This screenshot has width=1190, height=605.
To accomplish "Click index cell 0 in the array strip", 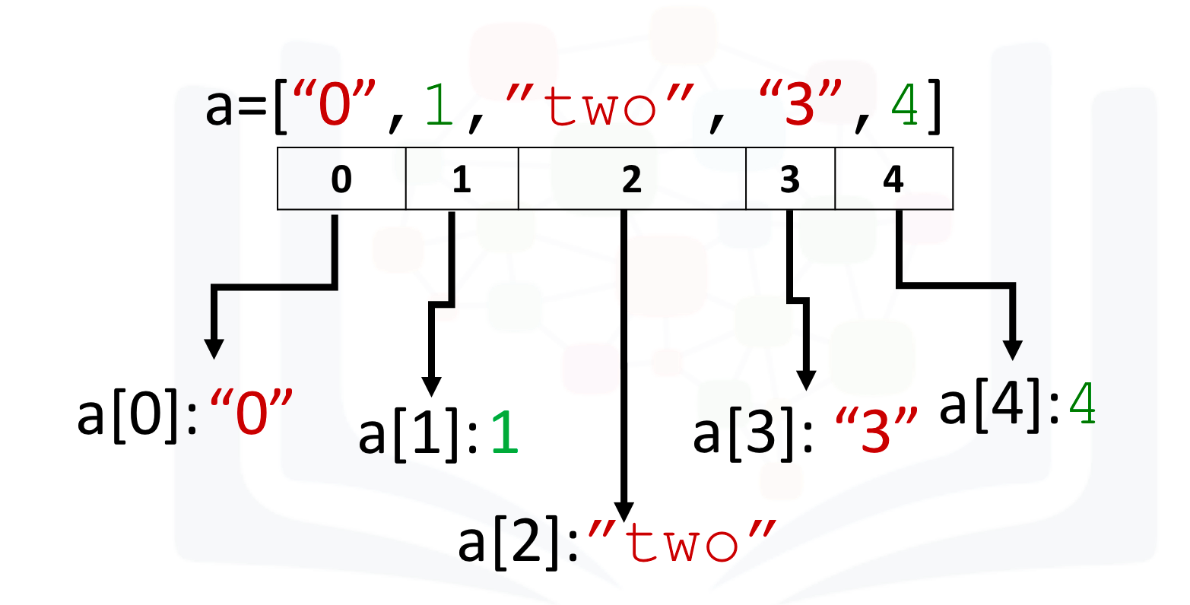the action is [341, 179].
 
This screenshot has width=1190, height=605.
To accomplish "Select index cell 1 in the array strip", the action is [462, 179].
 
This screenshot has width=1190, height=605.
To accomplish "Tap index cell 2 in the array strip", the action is [632, 179].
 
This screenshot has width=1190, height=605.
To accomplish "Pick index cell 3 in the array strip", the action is [791, 179].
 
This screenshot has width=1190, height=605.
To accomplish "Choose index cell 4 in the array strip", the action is [894, 179].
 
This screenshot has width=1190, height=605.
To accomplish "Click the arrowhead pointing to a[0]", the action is [214, 349].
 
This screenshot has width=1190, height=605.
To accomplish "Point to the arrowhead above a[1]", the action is [431, 387].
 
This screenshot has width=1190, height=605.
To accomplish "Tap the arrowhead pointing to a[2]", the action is [624, 512].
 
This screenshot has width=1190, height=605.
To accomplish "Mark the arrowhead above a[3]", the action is [807, 381].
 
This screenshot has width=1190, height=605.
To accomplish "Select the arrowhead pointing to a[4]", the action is [1013, 350].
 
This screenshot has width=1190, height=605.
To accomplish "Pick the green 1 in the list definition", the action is [440, 104].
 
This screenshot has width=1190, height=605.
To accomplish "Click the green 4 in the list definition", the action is [905, 104].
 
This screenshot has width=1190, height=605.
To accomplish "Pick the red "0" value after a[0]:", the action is [251, 412].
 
